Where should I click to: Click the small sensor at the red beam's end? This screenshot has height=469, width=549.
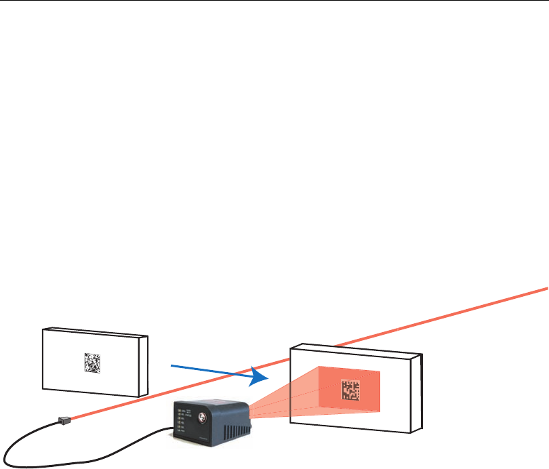[64, 420]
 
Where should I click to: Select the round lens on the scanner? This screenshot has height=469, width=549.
[202, 414]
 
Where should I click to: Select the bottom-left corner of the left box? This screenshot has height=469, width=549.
[43, 389]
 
